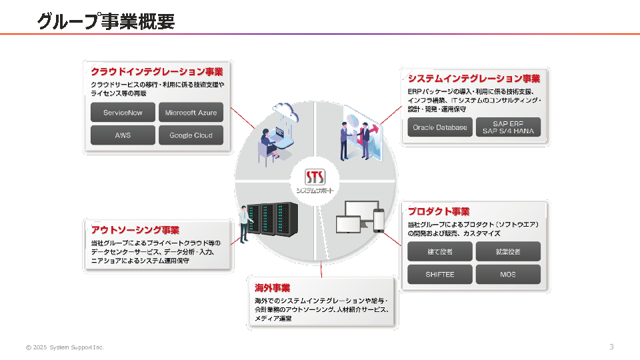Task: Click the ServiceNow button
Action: pos(123,113)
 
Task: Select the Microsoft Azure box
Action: pos(191,113)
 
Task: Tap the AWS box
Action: pos(123,135)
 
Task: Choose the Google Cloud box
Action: pos(191,135)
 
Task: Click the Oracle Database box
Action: pos(440,127)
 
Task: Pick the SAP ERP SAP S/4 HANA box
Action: pos(508,127)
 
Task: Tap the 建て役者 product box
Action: pos(439,251)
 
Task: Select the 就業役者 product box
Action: pos(508,251)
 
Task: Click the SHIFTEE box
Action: pos(439,274)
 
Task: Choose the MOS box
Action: pos(508,274)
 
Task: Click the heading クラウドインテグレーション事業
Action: pos(157,71)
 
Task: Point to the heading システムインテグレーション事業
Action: pos(474,79)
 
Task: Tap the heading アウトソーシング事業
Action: pos(135,230)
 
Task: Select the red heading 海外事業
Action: pos(272,288)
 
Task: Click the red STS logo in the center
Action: pos(315,177)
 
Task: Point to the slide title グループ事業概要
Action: pos(106,22)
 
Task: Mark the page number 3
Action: pos(611,347)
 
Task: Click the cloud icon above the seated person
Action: pos(283,110)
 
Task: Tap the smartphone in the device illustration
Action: pos(379,221)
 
